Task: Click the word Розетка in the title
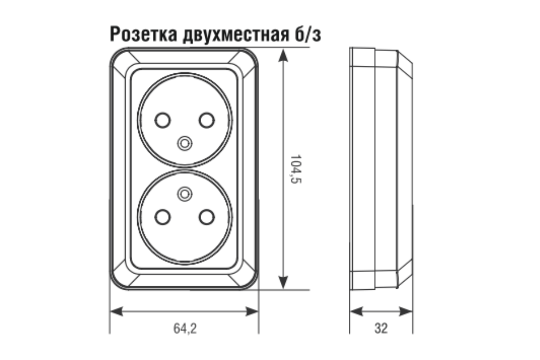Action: tap(144, 34)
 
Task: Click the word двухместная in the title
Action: tap(236, 36)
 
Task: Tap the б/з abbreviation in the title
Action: tap(308, 34)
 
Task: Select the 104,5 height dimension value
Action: tap(296, 169)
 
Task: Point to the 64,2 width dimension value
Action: tap(185, 328)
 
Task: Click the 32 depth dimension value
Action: tap(381, 328)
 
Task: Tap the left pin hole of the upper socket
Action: tap(163, 120)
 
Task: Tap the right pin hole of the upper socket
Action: tap(207, 120)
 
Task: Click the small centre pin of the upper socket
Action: tap(185, 144)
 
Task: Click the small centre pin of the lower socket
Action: tap(185, 194)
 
